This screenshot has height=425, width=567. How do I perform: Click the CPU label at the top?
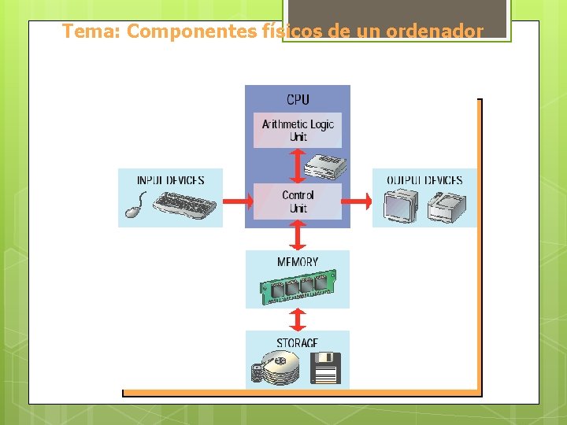point(298,99)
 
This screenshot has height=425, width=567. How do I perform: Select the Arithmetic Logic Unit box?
point(298,130)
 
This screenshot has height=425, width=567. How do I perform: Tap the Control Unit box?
point(298,201)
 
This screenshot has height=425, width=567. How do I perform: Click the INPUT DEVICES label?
point(170,180)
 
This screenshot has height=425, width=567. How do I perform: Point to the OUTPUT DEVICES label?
point(424,180)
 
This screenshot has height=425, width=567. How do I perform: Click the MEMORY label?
point(298,261)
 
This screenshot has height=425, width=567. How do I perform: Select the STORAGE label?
point(298,343)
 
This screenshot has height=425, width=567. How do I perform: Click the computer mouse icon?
point(135,209)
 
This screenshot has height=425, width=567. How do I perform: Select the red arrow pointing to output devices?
point(358,202)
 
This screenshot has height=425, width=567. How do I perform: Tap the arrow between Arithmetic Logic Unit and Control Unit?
point(298,166)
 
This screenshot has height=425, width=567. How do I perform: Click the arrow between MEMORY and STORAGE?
point(298,319)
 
